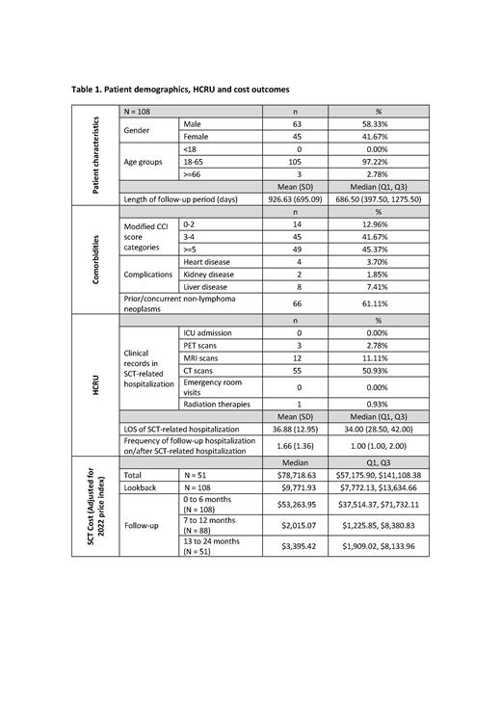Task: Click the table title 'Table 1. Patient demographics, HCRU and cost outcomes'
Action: click(x=180, y=90)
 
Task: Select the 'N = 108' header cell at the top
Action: click(x=139, y=113)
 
